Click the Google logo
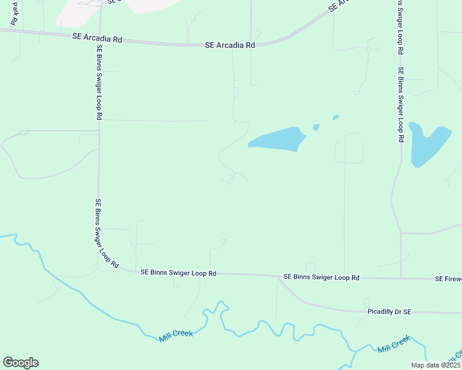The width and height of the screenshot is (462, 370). point(20,363)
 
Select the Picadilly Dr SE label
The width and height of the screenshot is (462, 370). point(388,312)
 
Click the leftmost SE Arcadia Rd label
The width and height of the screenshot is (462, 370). point(98,38)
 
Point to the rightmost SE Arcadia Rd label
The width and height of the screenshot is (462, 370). point(230,45)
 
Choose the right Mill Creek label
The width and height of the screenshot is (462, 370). point(393,344)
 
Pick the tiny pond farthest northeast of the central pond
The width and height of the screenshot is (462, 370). point(335,117)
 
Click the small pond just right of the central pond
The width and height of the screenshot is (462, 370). point(316,127)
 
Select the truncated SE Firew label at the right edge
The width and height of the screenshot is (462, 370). point(448,279)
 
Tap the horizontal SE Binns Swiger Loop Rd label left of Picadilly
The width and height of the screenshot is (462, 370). point(321,277)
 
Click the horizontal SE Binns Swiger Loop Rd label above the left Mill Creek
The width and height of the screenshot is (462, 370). point(178,272)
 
